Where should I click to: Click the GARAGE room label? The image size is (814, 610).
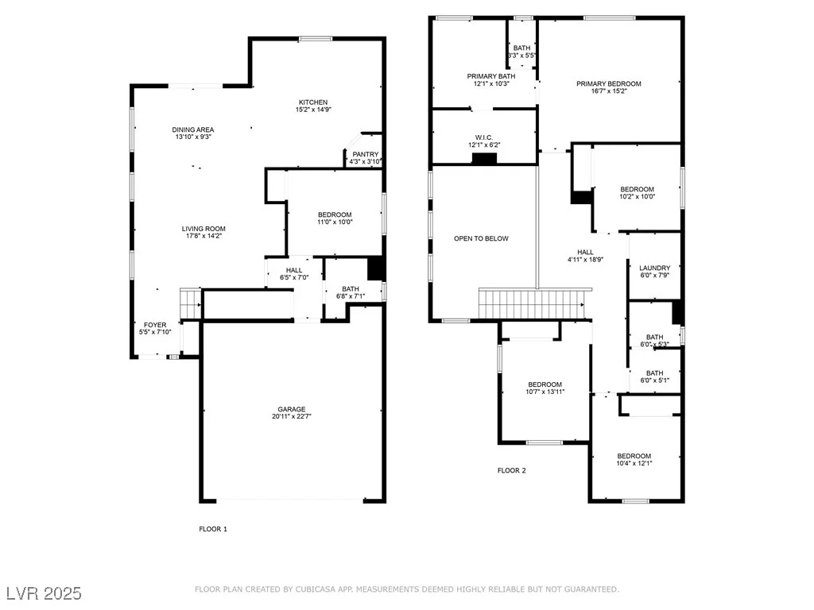[291, 409]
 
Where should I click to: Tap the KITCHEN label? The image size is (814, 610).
[313, 102]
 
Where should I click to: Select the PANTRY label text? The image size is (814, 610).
[366, 154]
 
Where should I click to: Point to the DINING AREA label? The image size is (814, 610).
[193, 129]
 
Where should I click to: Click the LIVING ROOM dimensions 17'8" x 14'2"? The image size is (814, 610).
[203, 236]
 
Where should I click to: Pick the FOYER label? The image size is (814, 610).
[155, 325]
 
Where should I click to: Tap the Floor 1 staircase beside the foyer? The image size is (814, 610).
[190, 303]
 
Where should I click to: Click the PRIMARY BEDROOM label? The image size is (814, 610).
[609, 83]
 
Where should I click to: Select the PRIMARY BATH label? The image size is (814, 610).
[491, 76]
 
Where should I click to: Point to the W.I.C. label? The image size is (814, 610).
[484, 137]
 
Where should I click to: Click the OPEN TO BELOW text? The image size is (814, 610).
[481, 238]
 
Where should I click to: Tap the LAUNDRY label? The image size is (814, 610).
[655, 268]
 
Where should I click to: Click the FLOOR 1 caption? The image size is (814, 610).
[213, 529]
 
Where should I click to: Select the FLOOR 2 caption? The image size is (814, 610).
[511, 470]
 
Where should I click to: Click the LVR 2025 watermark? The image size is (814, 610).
[45, 593]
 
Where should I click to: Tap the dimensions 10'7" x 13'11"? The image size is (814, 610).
[545, 392]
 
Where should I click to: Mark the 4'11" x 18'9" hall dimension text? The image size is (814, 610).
[585, 260]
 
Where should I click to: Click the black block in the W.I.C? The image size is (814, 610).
[484, 159]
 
